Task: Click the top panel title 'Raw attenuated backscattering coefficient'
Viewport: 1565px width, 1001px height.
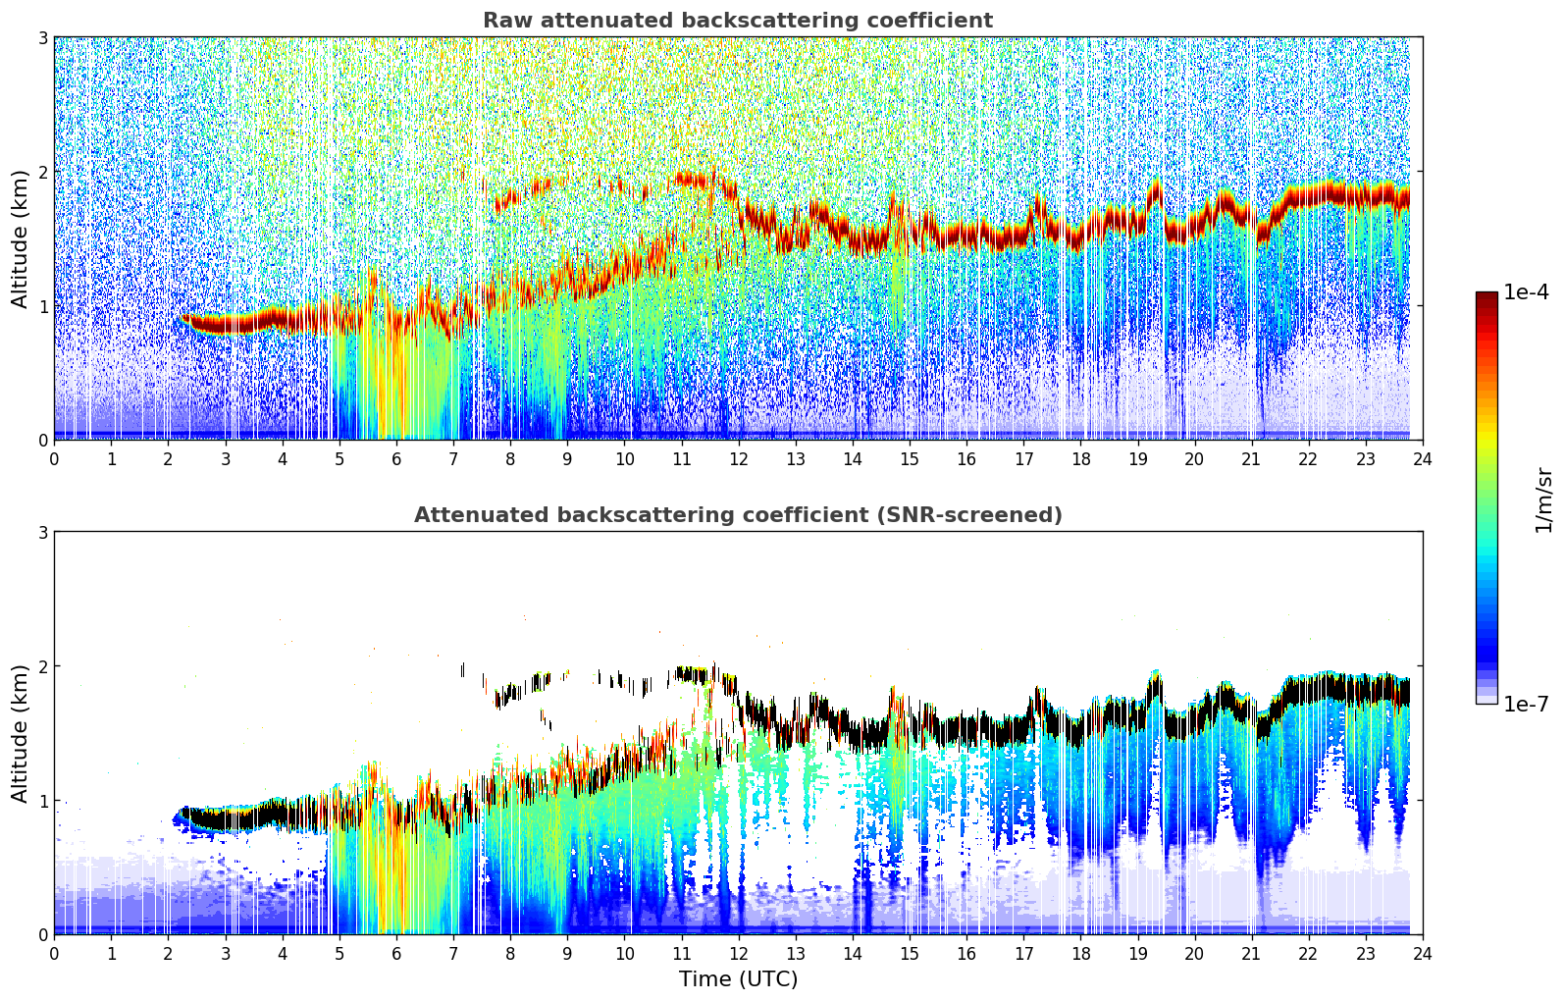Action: [737, 21]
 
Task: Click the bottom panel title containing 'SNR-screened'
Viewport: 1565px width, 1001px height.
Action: [737, 515]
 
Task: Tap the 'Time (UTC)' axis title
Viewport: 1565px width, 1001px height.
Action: [738, 979]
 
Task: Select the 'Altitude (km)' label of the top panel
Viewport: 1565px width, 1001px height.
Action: [21, 238]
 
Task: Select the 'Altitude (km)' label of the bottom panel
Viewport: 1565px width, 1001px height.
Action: [21, 733]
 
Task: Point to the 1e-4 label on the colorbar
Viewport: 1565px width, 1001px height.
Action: [1526, 292]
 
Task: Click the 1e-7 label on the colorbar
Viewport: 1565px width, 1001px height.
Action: [1526, 704]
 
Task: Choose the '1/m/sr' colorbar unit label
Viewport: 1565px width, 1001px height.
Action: [1543, 500]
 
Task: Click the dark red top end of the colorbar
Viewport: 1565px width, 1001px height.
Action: [1487, 296]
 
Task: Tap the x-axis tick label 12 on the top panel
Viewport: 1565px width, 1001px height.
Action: [738, 458]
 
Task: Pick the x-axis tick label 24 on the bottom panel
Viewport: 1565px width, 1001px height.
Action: [1423, 953]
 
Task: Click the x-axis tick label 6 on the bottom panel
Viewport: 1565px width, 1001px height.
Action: [396, 953]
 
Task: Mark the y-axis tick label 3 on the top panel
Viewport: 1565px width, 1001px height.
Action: [43, 37]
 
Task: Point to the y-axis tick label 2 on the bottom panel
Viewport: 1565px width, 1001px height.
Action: [43, 666]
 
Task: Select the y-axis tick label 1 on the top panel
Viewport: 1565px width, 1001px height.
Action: [43, 306]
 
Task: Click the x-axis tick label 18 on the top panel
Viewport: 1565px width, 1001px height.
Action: [1080, 458]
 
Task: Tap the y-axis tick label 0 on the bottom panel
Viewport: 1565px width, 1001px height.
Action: [43, 934]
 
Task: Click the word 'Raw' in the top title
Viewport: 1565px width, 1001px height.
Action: [503, 21]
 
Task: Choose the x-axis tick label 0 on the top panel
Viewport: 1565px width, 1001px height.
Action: [54, 458]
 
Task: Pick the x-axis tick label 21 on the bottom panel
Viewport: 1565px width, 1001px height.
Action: [1251, 953]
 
